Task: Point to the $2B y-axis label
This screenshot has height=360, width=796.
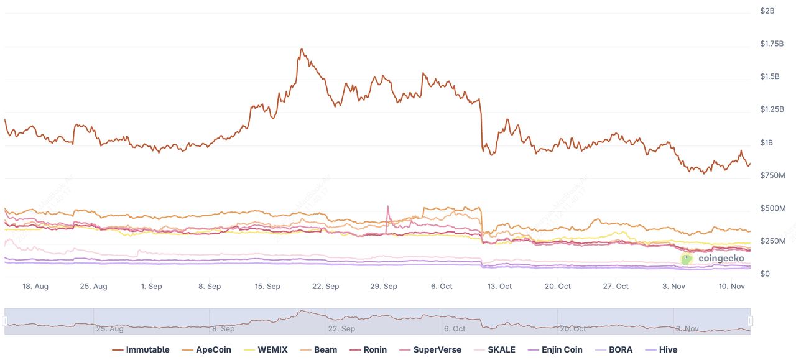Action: tap(767, 11)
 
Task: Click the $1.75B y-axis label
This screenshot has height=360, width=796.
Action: tap(772, 44)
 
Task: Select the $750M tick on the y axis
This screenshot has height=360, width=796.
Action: tap(773, 175)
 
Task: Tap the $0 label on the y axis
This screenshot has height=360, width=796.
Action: tap(765, 274)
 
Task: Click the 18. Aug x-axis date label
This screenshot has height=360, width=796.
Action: tap(35, 287)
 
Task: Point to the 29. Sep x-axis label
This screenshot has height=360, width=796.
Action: tap(384, 287)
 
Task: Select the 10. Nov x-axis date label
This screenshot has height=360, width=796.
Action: tap(732, 287)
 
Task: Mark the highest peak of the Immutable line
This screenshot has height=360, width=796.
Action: tap(302, 49)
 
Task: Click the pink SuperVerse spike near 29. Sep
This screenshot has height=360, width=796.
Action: tap(388, 207)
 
